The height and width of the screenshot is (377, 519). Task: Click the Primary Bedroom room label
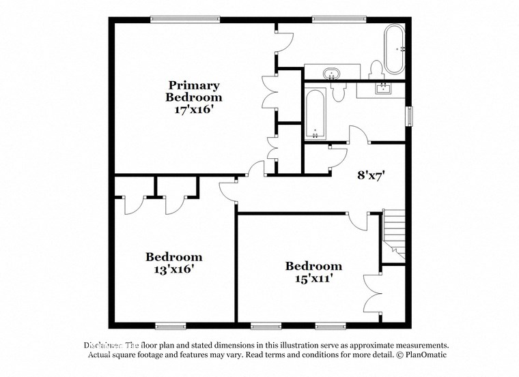coord(194,91)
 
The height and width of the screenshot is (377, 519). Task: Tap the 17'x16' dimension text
coord(194,108)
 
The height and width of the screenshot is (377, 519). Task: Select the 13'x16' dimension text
coord(173,269)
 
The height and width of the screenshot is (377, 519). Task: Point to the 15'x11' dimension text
coord(313,277)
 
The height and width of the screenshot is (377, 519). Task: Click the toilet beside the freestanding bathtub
coord(374,70)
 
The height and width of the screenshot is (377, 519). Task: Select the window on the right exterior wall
coord(410,116)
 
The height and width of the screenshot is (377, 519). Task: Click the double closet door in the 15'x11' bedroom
coord(372,292)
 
